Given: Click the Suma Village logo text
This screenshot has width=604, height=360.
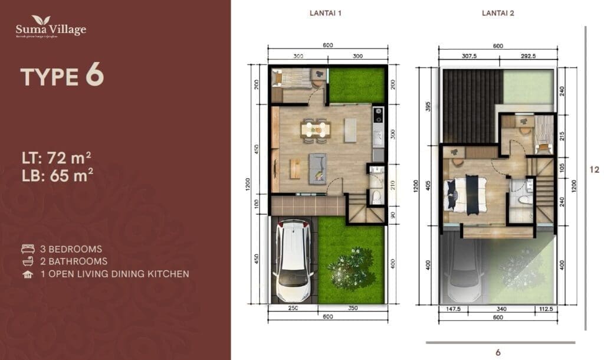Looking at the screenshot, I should tap(51, 30).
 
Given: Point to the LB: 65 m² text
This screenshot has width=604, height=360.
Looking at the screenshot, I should tap(56, 176).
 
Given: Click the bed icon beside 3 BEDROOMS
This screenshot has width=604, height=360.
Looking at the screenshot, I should tap(27, 248).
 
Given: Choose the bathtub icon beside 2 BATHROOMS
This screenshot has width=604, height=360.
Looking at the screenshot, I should tap(27, 261).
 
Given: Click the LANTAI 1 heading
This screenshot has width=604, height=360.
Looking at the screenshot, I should tap(326, 14).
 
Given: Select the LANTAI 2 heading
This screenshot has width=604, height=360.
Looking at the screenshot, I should tap(498, 14).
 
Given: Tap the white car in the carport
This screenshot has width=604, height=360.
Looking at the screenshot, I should tap(294, 260).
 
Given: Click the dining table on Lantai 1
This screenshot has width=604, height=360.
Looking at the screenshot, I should tap(316, 128).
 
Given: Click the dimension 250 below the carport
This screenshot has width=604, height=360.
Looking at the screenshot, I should tap(293, 308).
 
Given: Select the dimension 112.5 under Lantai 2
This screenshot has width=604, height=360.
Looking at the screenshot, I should tap(544, 308).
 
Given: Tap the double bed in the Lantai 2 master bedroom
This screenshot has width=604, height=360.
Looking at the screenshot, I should tap(467, 192).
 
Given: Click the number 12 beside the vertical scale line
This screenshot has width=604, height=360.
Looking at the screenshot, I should tap(595, 169).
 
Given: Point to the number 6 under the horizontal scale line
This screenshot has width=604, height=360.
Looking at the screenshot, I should tap(498, 352).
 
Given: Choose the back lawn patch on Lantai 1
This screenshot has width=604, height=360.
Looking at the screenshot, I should tap(357, 85).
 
